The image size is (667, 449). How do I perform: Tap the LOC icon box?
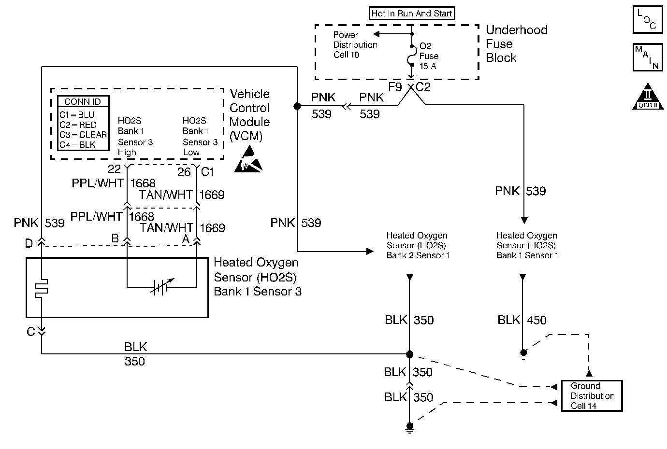(x=647, y=20)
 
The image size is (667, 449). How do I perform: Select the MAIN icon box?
(x=647, y=57)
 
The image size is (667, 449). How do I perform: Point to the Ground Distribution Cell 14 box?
(x=592, y=396)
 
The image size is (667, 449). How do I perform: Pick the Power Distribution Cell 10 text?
(x=355, y=45)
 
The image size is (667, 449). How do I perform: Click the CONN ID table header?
(x=83, y=102)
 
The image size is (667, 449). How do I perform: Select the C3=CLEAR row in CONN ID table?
(x=83, y=135)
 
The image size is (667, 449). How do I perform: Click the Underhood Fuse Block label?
(x=516, y=44)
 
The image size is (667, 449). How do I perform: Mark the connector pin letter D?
(x=29, y=243)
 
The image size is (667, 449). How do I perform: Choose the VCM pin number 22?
(x=114, y=169)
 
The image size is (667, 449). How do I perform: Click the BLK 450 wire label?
(x=522, y=320)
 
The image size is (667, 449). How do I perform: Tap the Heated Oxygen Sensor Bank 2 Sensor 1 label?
(x=418, y=245)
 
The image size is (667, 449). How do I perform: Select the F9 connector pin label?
(x=395, y=87)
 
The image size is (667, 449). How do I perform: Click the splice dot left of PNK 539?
(x=297, y=106)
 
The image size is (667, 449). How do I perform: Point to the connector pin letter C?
(x=31, y=332)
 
